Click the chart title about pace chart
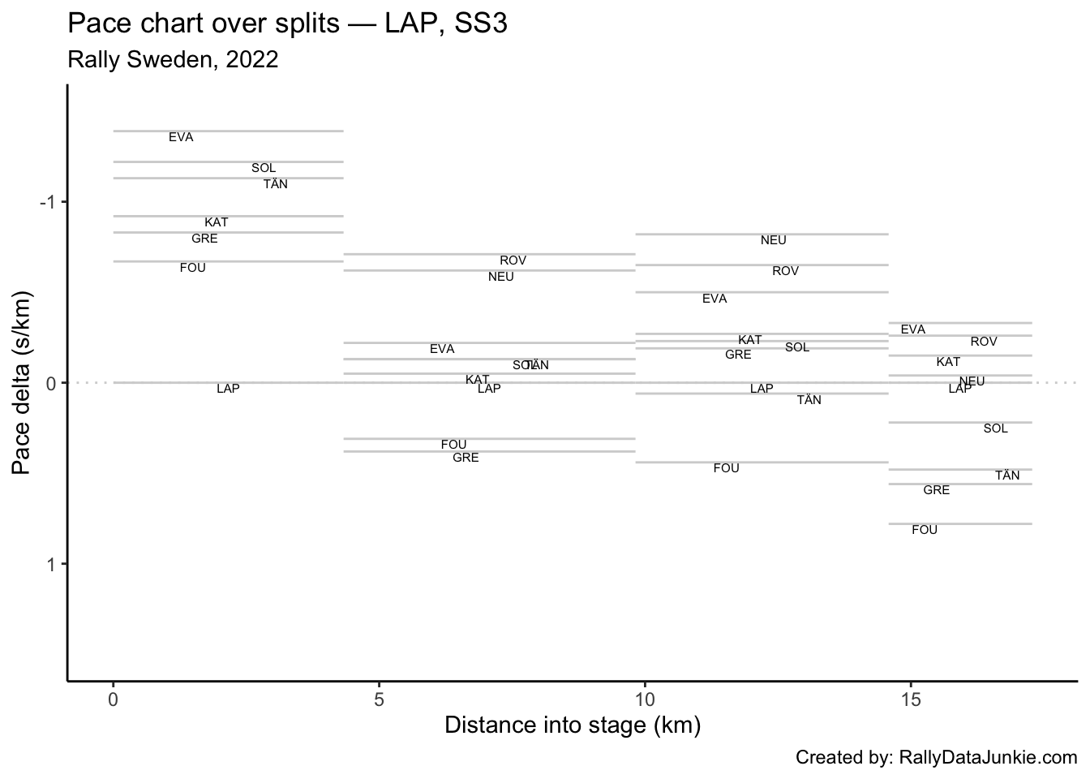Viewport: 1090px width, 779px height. (x=287, y=24)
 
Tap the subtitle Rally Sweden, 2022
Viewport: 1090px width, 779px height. (x=173, y=59)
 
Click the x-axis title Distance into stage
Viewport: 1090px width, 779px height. (x=572, y=725)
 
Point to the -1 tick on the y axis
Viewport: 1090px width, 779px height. (x=48, y=202)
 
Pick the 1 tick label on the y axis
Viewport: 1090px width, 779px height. (x=51, y=564)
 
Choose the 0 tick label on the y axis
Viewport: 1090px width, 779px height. (x=51, y=383)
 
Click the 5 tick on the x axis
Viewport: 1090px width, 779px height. (x=379, y=699)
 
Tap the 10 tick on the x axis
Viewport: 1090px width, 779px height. (x=645, y=699)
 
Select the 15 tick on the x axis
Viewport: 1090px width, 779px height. (x=911, y=699)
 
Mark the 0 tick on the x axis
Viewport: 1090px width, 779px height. (x=114, y=699)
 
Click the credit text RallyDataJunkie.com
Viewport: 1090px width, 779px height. (x=936, y=758)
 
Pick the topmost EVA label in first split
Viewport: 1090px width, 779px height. (x=181, y=137)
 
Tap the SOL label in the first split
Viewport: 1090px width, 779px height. (x=264, y=168)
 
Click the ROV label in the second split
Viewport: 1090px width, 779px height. (x=513, y=260)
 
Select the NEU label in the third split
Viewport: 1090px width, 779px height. (x=773, y=240)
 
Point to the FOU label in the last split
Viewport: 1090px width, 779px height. (x=925, y=530)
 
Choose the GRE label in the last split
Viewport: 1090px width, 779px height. (x=936, y=490)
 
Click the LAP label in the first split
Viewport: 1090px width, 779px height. (x=228, y=389)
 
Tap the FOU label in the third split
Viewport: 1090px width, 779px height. (x=726, y=468)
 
